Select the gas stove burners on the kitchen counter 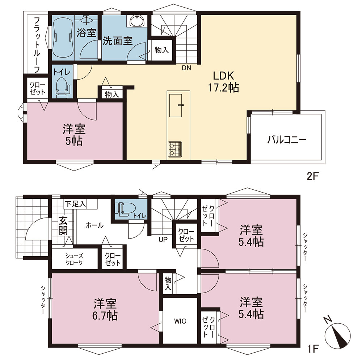click(x=175, y=149)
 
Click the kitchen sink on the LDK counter click(x=176, y=105)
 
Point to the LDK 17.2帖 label click(x=223, y=81)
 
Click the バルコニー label click(x=287, y=139)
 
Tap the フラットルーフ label click(x=37, y=45)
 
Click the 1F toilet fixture click(x=125, y=209)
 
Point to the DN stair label click(x=186, y=68)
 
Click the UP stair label click(x=163, y=240)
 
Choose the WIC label click(x=180, y=321)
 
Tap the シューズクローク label click(x=74, y=259)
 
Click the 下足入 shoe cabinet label click(x=75, y=204)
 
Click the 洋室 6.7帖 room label click(x=105, y=310)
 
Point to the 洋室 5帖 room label click(x=74, y=135)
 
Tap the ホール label click(x=94, y=225)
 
